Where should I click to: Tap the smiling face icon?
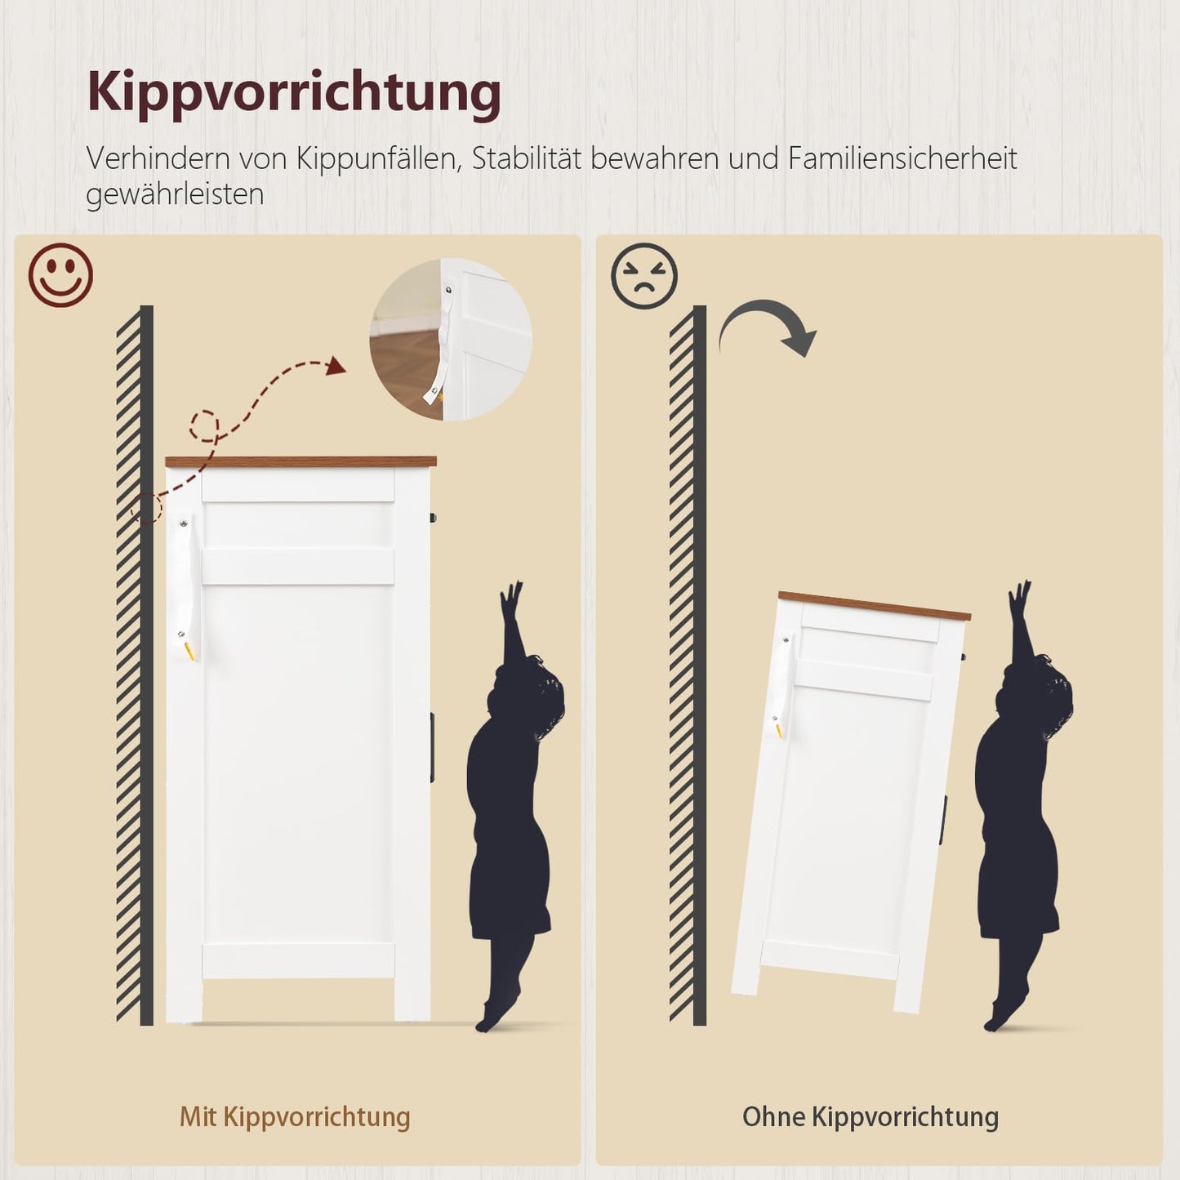60,275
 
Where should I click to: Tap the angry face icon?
644,275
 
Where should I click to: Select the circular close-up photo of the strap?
451,339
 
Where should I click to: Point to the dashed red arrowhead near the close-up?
336,366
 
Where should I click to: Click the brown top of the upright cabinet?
301,461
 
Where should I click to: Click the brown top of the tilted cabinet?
875,606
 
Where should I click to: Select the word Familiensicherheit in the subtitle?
902,159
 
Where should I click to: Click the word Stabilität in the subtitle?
526,159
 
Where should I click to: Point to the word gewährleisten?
175,195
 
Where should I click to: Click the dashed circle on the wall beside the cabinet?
146,508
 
